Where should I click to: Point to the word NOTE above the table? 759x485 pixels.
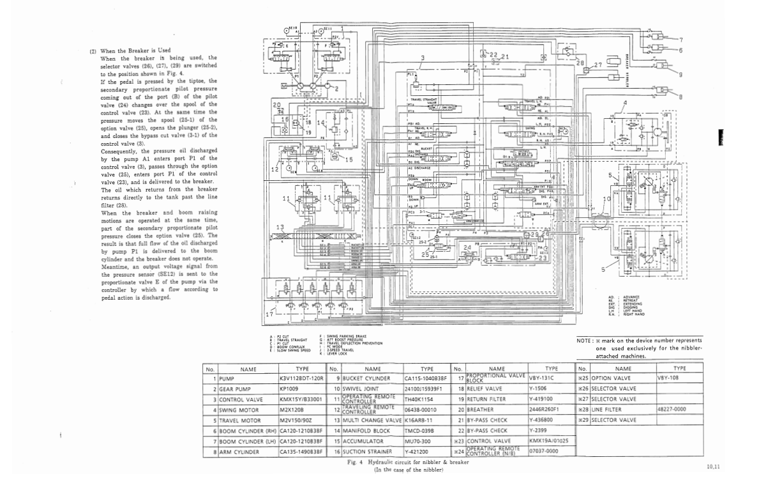coord(584,341)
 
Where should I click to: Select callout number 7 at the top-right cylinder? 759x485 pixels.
coord(680,40)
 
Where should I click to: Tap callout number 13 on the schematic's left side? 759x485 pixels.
coord(280,227)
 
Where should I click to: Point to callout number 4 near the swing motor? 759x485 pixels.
coord(625,102)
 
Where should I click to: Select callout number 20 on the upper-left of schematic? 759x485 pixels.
coord(276,104)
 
